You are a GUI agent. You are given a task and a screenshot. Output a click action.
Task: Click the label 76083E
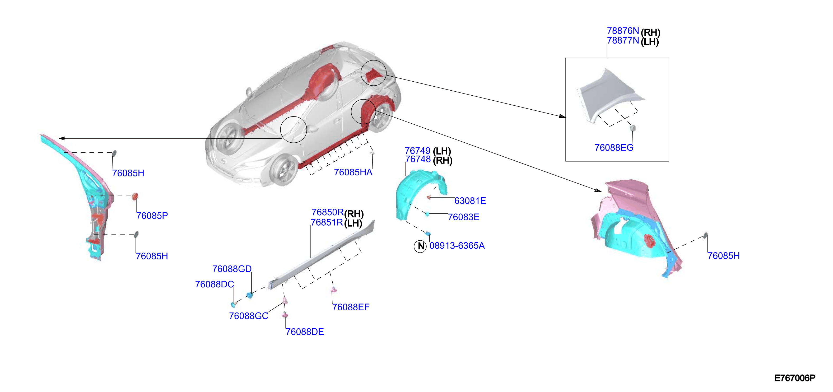coord(463,217)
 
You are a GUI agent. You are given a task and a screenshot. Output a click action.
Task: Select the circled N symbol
coord(420,246)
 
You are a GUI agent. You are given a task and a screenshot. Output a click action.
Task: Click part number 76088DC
coord(215,284)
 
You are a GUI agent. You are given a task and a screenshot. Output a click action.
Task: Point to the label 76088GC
coord(248,316)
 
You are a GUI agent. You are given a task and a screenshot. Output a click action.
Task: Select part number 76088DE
coord(305,332)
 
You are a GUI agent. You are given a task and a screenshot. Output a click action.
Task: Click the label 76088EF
coord(351,307)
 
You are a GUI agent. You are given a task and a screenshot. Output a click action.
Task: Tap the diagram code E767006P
coord(794,378)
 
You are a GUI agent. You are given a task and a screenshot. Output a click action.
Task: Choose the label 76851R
coord(327,222)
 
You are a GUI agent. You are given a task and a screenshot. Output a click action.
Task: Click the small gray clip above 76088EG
coord(633,128)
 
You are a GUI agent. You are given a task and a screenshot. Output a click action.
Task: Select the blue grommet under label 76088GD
coord(250,295)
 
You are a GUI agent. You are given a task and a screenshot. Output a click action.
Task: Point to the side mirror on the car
coord(248,92)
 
